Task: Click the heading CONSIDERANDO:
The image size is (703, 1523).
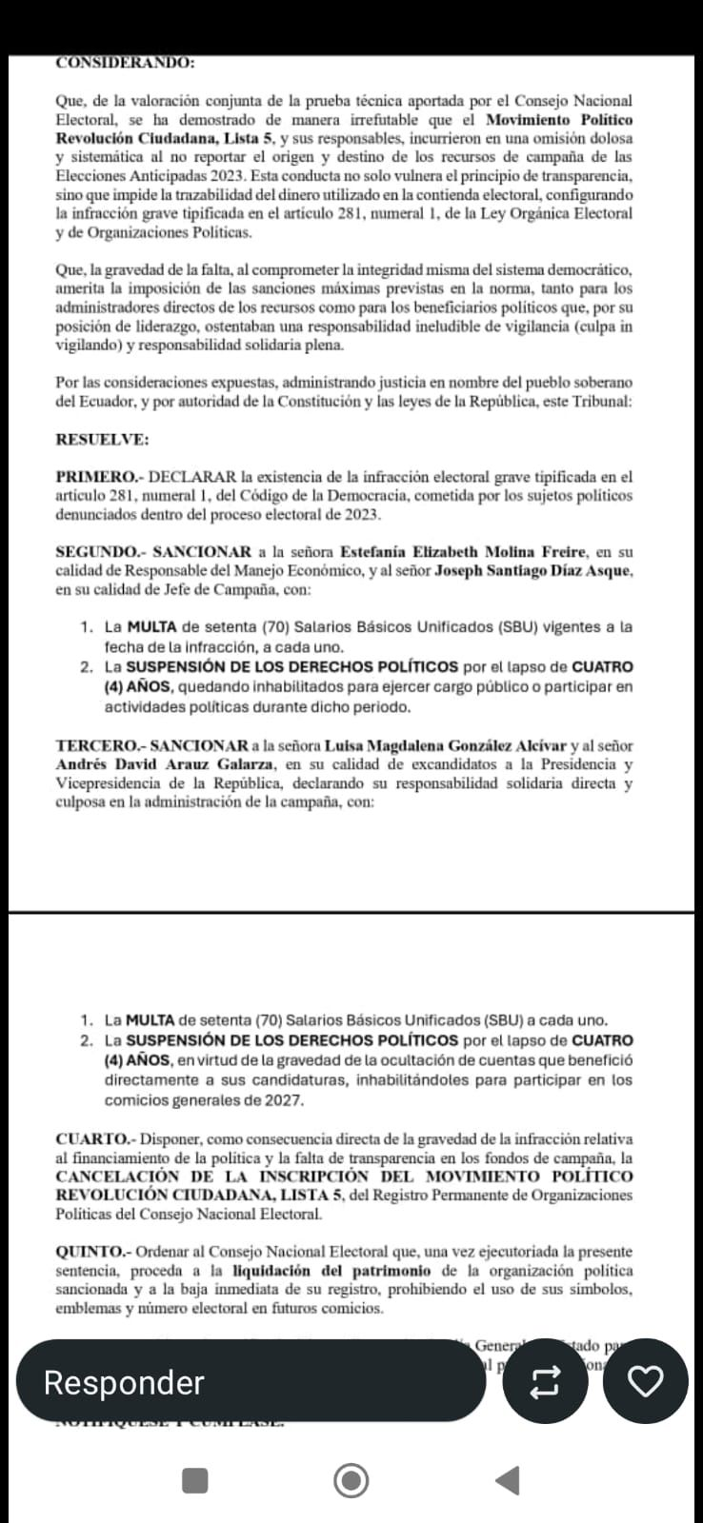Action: tap(125, 63)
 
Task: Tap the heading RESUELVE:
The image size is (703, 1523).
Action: tap(102, 439)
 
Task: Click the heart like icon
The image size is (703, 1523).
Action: tap(647, 1381)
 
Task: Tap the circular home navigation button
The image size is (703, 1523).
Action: tap(351, 1480)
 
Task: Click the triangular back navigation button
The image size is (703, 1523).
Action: tap(509, 1480)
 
